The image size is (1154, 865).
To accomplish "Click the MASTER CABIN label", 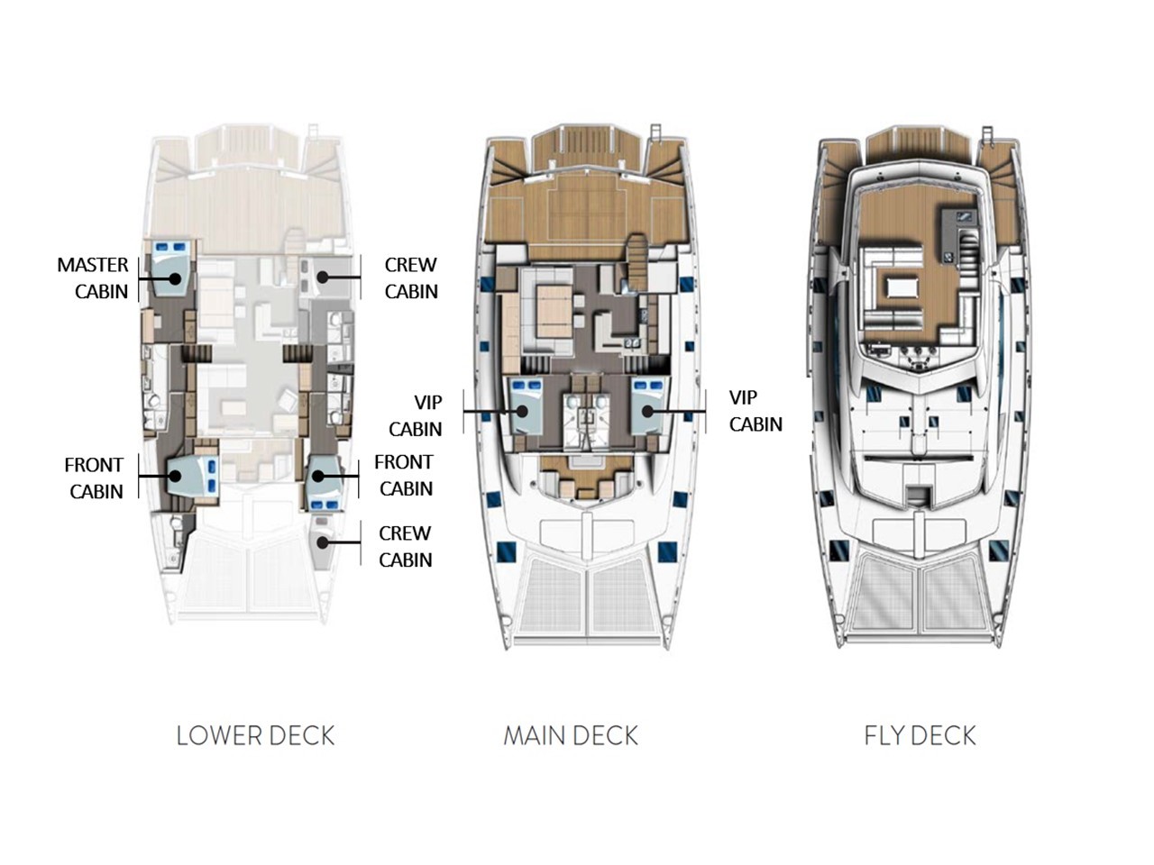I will pyautogui.click(x=93, y=278).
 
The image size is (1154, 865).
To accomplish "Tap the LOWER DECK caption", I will pyautogui.click(x=255, y=735).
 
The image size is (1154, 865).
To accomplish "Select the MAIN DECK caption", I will pyautogui.click(x=571, y=735).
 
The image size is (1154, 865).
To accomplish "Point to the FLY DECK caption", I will pyautogui.click(x=920, y=735).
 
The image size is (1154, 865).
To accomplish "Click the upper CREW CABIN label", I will pyautogui.click(x=410, y=278).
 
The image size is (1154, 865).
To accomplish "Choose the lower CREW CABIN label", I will pyautogui.click(x=405, y=546).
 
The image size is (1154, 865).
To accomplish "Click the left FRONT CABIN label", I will pyautogui.click(x=94, y=478).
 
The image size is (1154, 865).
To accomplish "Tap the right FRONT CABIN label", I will pyautogui.click(x=404, y=475).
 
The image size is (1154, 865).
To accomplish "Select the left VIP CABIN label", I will pyautogui.click(x=422, y=414).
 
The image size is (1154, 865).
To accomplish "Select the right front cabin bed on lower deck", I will pyautogui.click(x=323, y=478).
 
